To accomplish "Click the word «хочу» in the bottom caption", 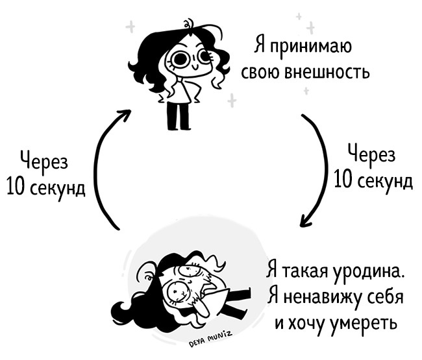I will click(x=303, y=322).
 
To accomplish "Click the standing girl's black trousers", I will click(x=177, y=115).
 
